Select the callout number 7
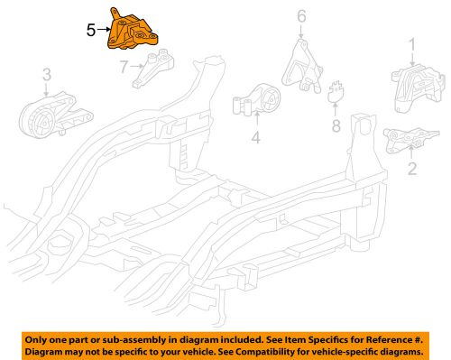(125, 64)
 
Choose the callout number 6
(302, 15)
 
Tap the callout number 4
(255, 138)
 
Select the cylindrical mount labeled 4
(258, 101)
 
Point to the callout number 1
(413, 43)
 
